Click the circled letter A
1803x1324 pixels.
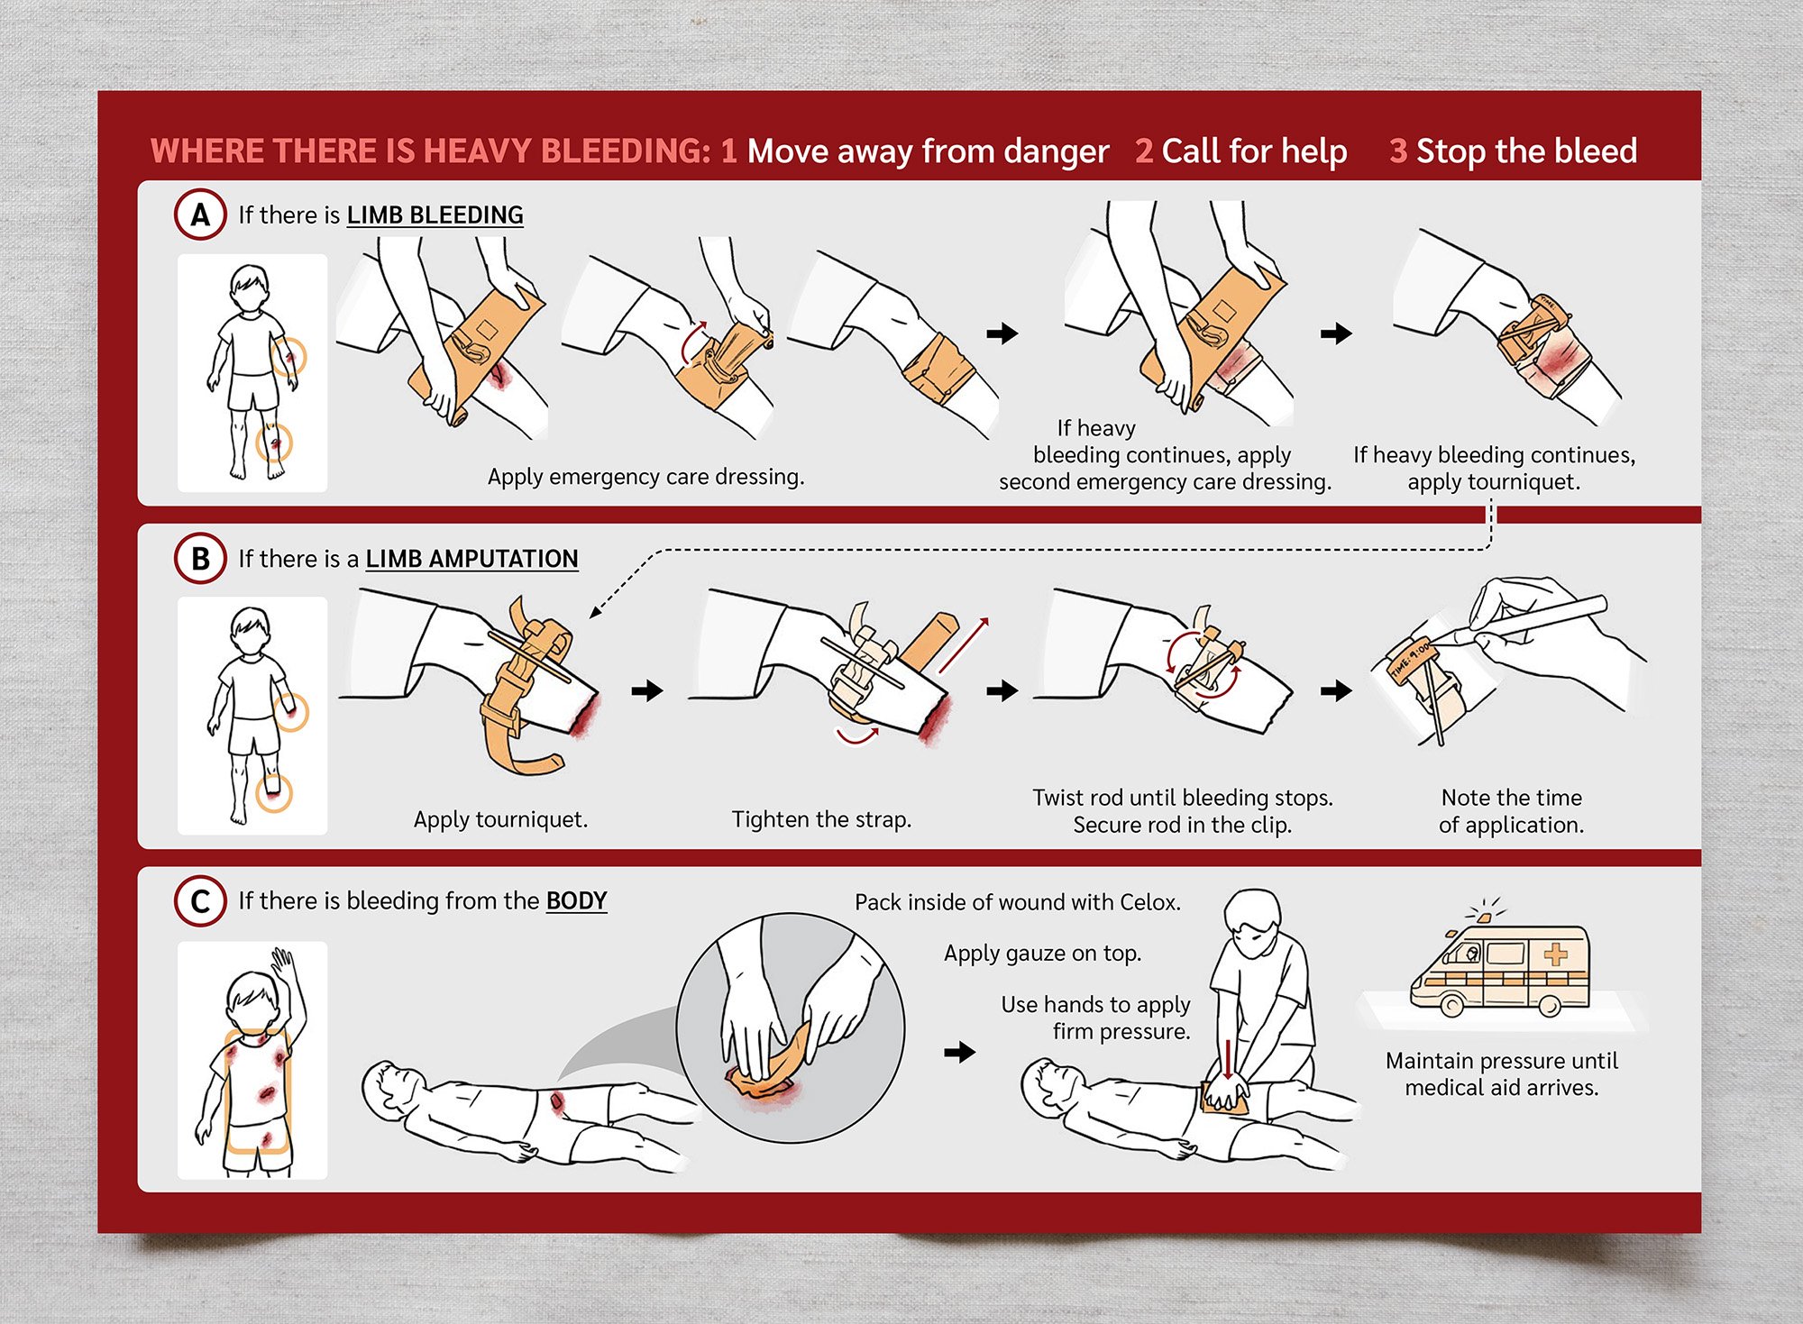pos(200,215)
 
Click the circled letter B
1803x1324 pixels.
pos(200,559)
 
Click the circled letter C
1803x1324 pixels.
pos(200,901)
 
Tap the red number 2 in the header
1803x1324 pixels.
pos(1144,151)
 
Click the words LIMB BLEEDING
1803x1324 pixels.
pos(435,215)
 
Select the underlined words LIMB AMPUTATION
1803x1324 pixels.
pos(471,559)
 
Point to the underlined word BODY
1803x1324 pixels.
pos(576,901)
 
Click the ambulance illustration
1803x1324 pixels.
pos(1499,964)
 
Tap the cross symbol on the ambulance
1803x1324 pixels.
pos(1556,954)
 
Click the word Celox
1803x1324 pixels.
pos(1149,902)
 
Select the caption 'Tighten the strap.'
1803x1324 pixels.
pos(821,819)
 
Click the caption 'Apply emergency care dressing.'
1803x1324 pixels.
pos(645,477)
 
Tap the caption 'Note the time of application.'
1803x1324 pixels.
pos(1511,811)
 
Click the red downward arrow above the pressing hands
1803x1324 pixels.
pos(1228,1064)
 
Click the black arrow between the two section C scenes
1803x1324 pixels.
pos(960,1052)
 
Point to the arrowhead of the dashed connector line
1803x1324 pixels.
pos(594,613)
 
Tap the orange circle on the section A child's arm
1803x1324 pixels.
pos(288,357)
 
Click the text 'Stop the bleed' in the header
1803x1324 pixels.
pos(1526,151)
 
